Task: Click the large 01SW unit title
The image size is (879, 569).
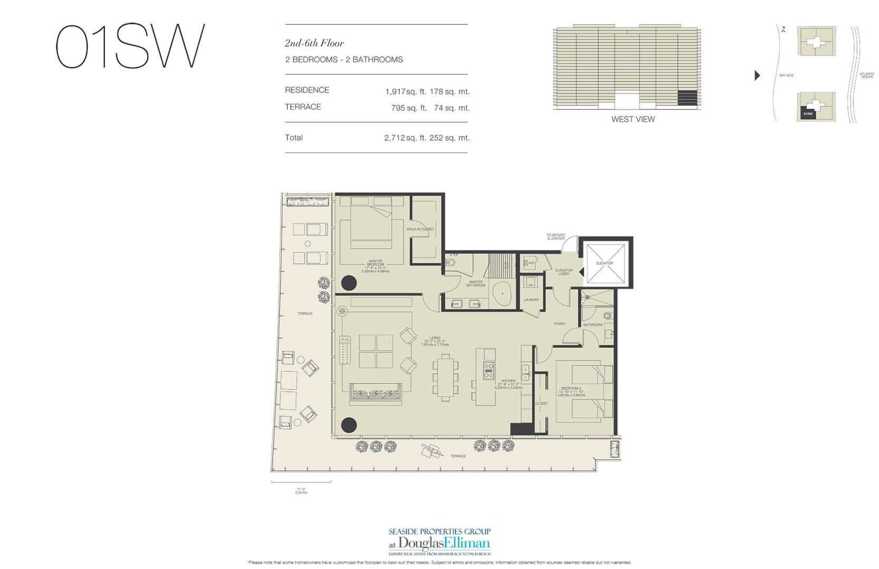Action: tap(130, 46)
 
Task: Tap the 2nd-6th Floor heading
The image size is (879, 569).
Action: tap(314, 43)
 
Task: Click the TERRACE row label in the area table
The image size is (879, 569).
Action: tap(303, 107)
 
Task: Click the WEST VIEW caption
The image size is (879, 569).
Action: tap(633, 119)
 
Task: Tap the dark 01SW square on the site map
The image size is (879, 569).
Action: tap(808, 113)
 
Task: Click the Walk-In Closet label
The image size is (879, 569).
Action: tap(420, 229)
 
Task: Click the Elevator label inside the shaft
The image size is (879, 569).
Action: tap(604, 263)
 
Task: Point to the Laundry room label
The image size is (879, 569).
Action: tap(531, 300)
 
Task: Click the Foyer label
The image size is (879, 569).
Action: tap(559, 323)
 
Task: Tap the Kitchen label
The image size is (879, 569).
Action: tap(508, 381)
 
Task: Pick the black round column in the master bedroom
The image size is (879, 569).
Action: tap(349, 283)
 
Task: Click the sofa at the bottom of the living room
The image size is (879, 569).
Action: tap(375, 394)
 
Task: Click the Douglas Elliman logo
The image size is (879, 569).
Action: tap(440, 543)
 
